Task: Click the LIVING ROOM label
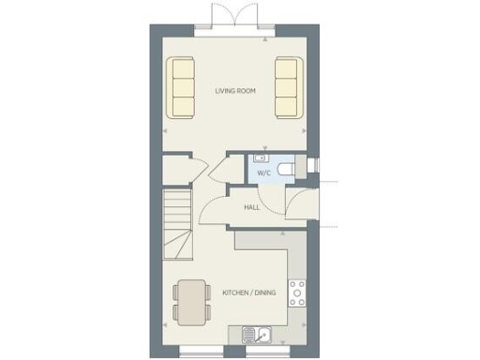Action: click(235, 91)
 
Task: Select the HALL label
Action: click(251, 207)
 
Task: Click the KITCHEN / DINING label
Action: click(248, 293)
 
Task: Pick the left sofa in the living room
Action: click(181, 88)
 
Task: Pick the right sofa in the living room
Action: click(287, 88)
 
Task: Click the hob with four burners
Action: click(298, 293)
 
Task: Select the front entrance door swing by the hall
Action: click(302, 203)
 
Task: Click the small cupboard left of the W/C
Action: click(176, 171)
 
